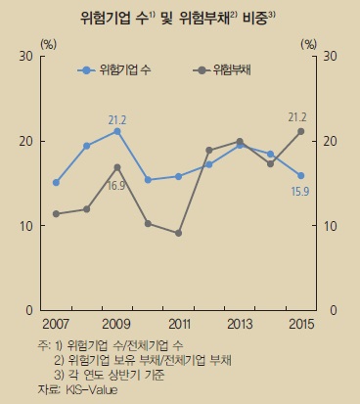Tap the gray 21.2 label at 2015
pos(298,117)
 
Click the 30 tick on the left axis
pos(28,57)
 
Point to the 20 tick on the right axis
pos(330,141)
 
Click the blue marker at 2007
pos(56,182)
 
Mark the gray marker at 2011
pos(178,233)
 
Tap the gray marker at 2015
pos(299,131)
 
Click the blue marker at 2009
pos(117,131)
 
